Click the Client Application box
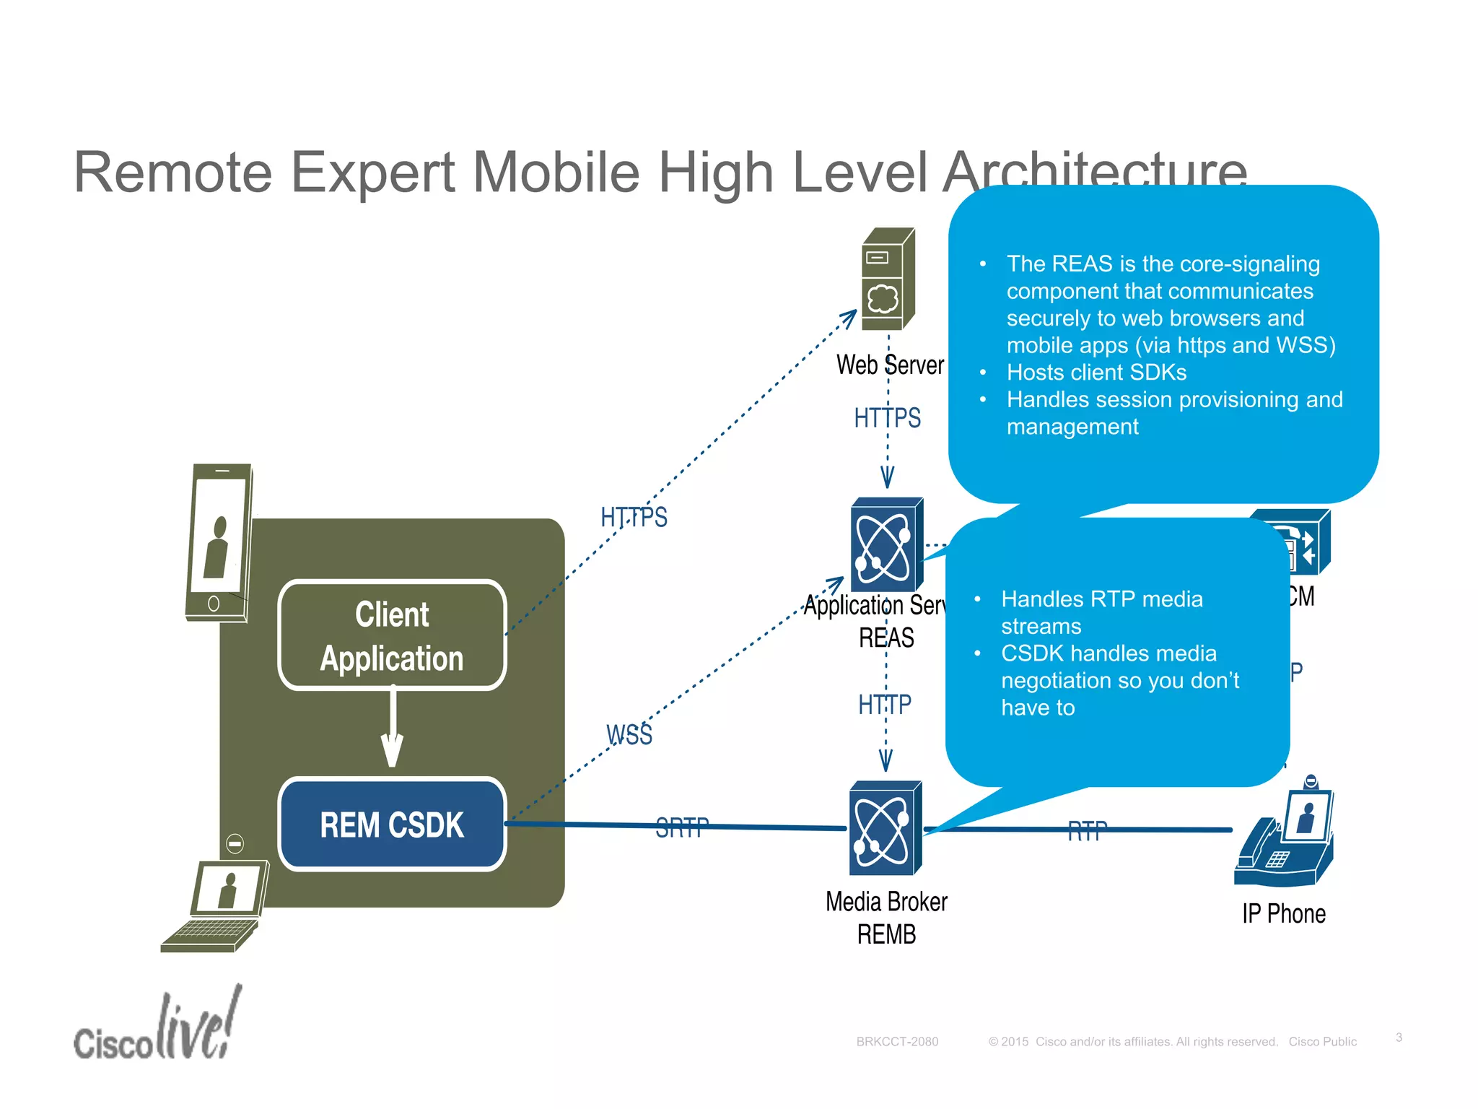(392, 635)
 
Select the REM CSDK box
(392, 825)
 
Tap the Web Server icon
(888, 279)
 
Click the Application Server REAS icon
(887, 544)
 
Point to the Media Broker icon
(886, 828)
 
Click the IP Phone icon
(1285, 838)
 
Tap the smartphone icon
(219, 542)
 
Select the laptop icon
(214, 906)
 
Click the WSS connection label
(629, 735)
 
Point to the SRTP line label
(682, 827)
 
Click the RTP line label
(1087, 831)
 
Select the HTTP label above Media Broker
(885, 704)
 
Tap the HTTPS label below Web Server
(887, 418)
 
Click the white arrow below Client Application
(392, 729)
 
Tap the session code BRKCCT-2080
(897, 1041)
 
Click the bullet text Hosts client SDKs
(1096, 373)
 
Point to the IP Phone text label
(1284, 914)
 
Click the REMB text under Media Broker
(886, 934)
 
